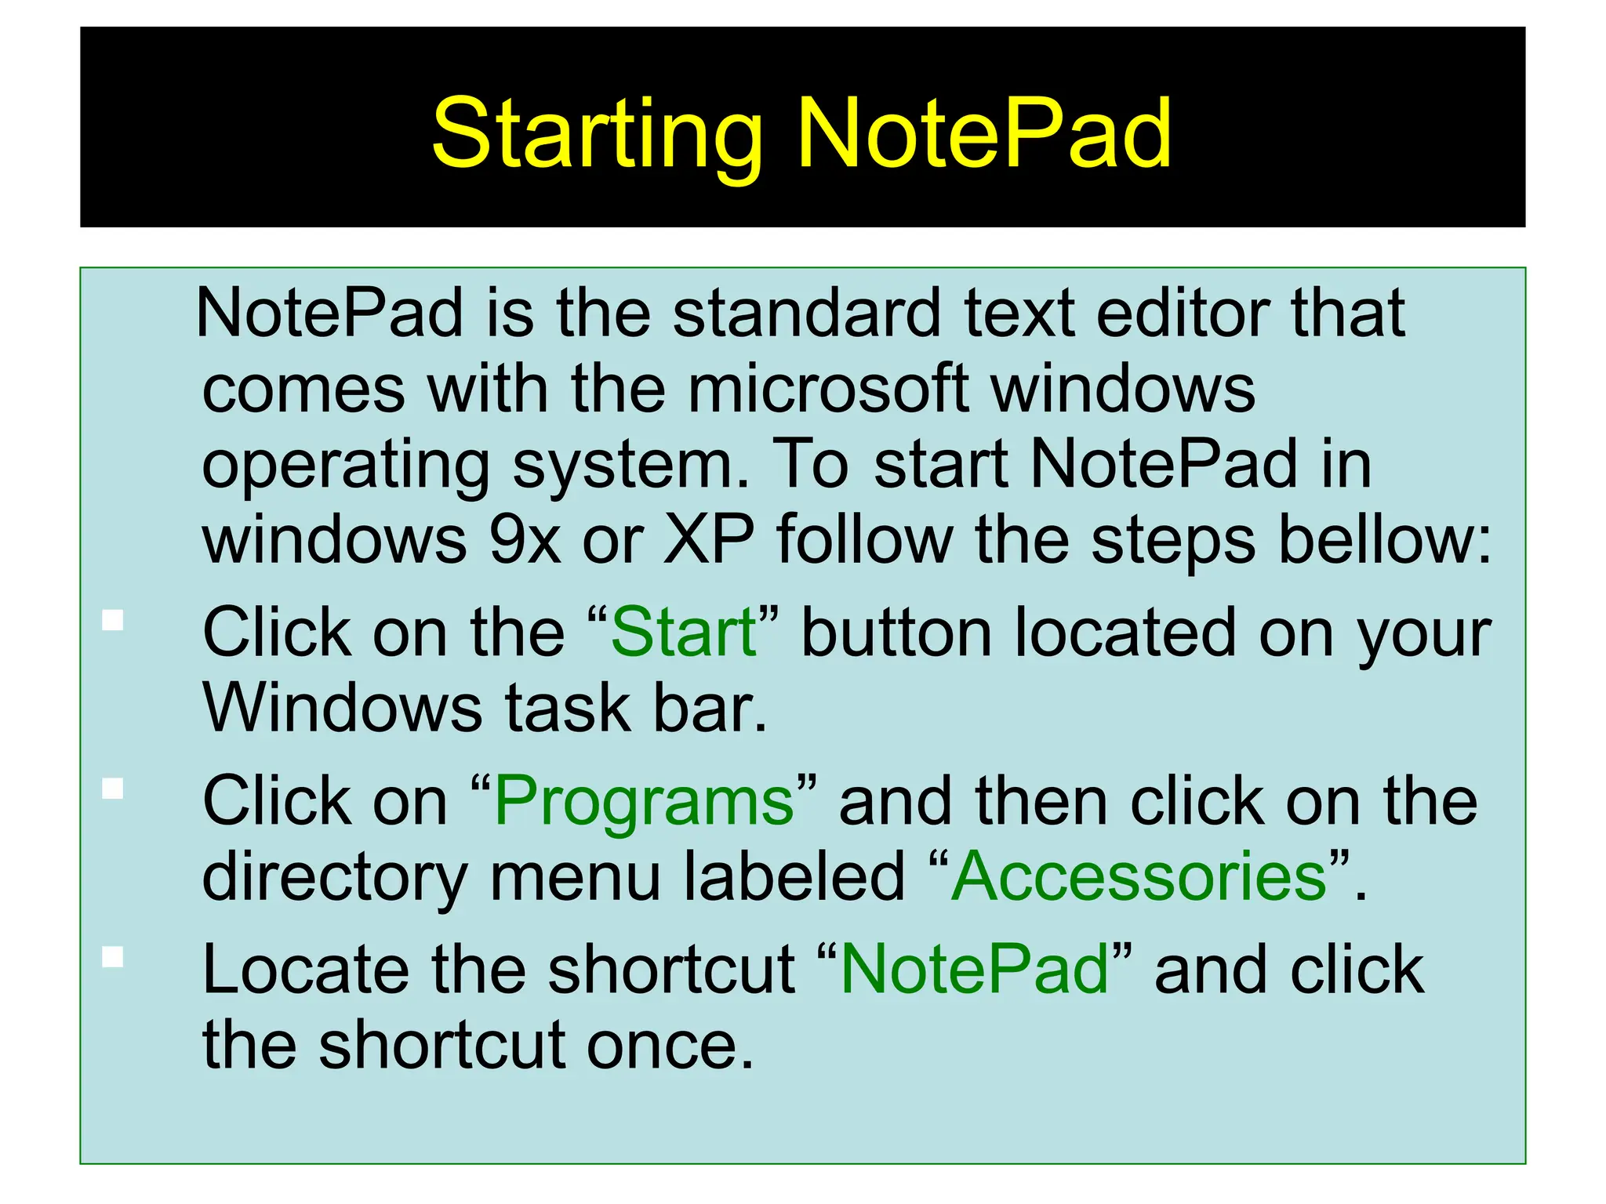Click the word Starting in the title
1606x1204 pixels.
[x=597, y=133]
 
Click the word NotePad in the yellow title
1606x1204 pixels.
[x=984, y=133]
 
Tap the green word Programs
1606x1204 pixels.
[x=645, y=801]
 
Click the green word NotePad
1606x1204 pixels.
[x=975, y=970]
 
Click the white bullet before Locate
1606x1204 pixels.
[x=113, y=957]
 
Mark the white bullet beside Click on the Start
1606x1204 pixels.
[x=113, y=620]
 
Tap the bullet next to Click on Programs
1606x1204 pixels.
[x=113, y=788]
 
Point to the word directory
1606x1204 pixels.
[x=335, y=878]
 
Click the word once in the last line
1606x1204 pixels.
[x=670, y=1046]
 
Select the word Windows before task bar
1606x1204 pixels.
[x=342, y=708]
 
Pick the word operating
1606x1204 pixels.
[x=346, y=465]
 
